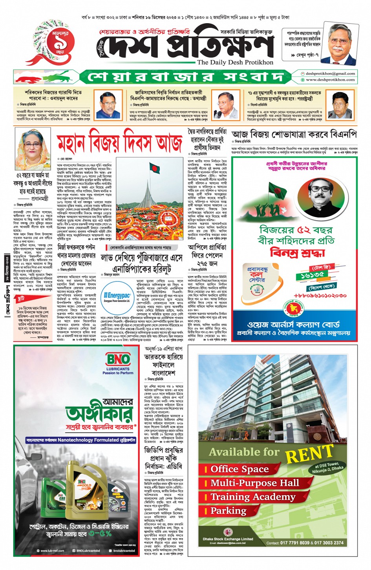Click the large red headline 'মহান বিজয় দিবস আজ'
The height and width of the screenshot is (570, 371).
120,143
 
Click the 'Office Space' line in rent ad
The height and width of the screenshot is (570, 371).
239,469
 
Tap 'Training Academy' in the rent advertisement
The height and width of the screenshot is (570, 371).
253,497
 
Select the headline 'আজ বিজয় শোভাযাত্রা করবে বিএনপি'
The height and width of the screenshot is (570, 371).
294,135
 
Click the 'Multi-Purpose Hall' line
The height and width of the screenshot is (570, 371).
254,483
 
